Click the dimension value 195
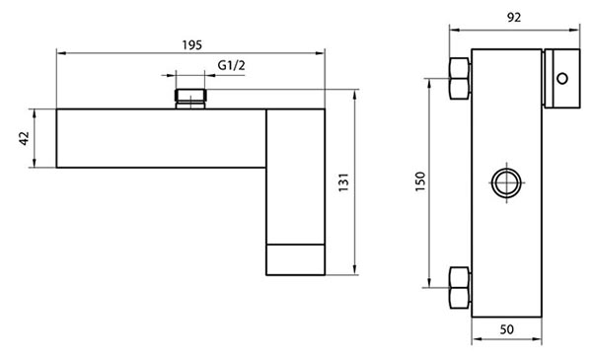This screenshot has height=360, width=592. (192, 45)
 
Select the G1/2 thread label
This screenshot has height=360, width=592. (231, 65)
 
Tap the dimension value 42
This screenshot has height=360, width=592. (24, 138)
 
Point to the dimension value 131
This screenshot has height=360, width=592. (343, 182)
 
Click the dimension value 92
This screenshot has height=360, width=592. (514, 18)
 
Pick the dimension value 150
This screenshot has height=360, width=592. (420, 181)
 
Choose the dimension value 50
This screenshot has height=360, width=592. (507, 329)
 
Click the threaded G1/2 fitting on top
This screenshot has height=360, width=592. (190, 99)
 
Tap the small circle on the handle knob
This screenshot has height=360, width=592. (562, 79)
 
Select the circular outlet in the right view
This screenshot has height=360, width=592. (507, 183)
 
